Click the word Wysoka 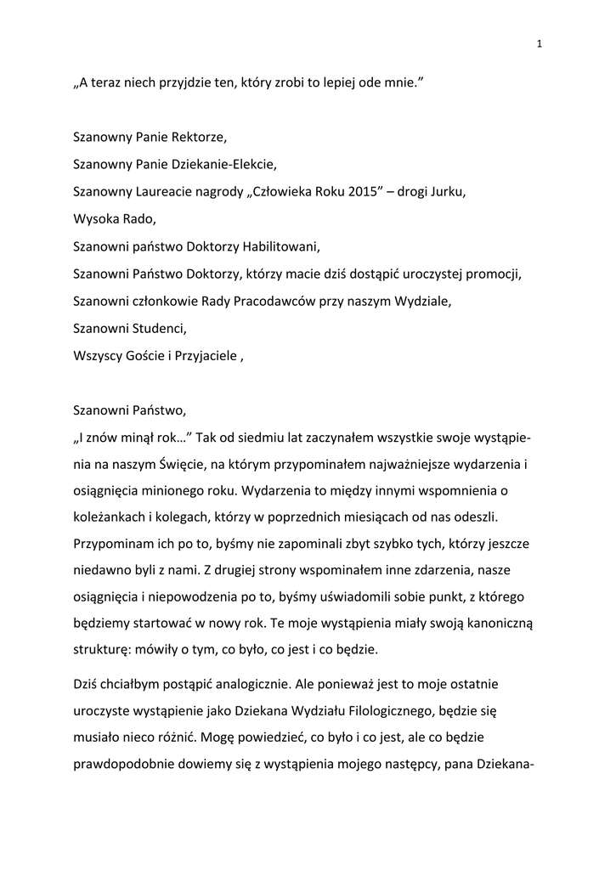93,218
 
